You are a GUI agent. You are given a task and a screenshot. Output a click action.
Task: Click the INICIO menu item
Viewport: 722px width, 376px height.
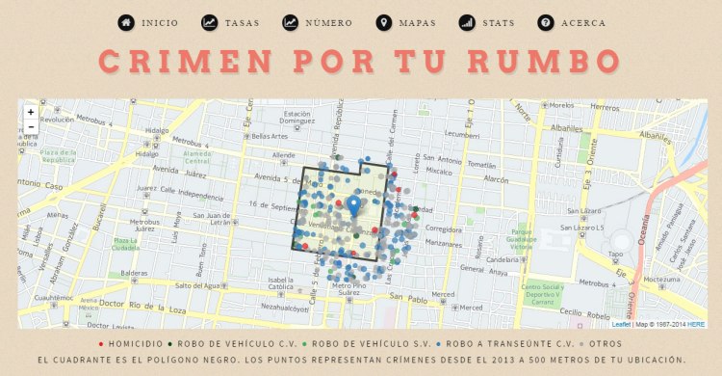click(x=149, y=23)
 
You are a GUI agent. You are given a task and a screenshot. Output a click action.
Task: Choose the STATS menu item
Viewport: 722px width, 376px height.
click(x=486, y=23)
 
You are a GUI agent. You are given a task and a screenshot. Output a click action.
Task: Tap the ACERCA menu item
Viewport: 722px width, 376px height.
click(x=572, y=23)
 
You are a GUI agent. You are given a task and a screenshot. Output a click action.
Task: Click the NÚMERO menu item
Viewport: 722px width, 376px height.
click(x=318, y=23)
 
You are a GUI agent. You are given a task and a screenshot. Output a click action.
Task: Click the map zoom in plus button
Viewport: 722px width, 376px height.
click(x=31, y=112)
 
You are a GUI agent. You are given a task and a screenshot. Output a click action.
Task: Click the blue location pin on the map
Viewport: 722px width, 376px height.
click(x=354, y=205)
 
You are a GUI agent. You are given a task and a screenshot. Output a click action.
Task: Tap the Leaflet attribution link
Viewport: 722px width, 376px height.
click(x=621, y=324)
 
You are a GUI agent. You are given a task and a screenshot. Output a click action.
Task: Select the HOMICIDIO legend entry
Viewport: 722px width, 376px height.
click(x=134, y=343)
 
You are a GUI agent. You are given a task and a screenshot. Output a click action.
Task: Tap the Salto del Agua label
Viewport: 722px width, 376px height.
click(x=201, y=285)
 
